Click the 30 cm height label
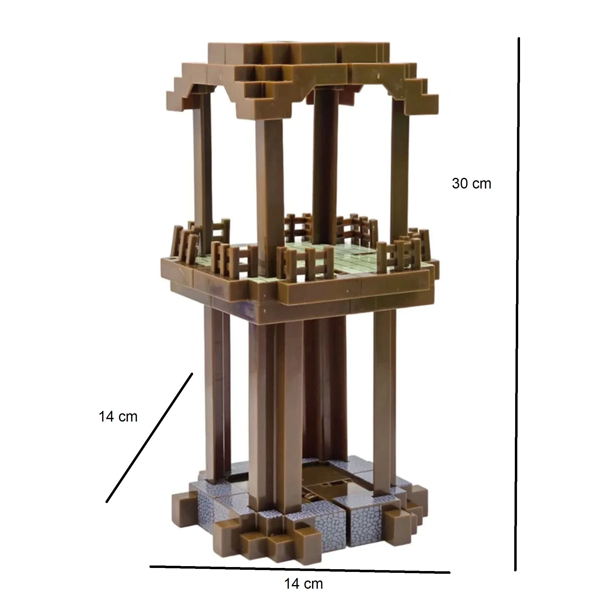point(472,184)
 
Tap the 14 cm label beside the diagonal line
point(118,417)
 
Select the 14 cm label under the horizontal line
point(303,584)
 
